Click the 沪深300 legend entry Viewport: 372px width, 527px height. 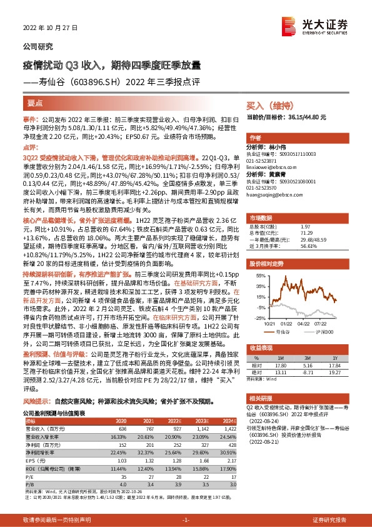[327, 332]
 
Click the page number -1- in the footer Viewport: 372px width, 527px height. [186, 519]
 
